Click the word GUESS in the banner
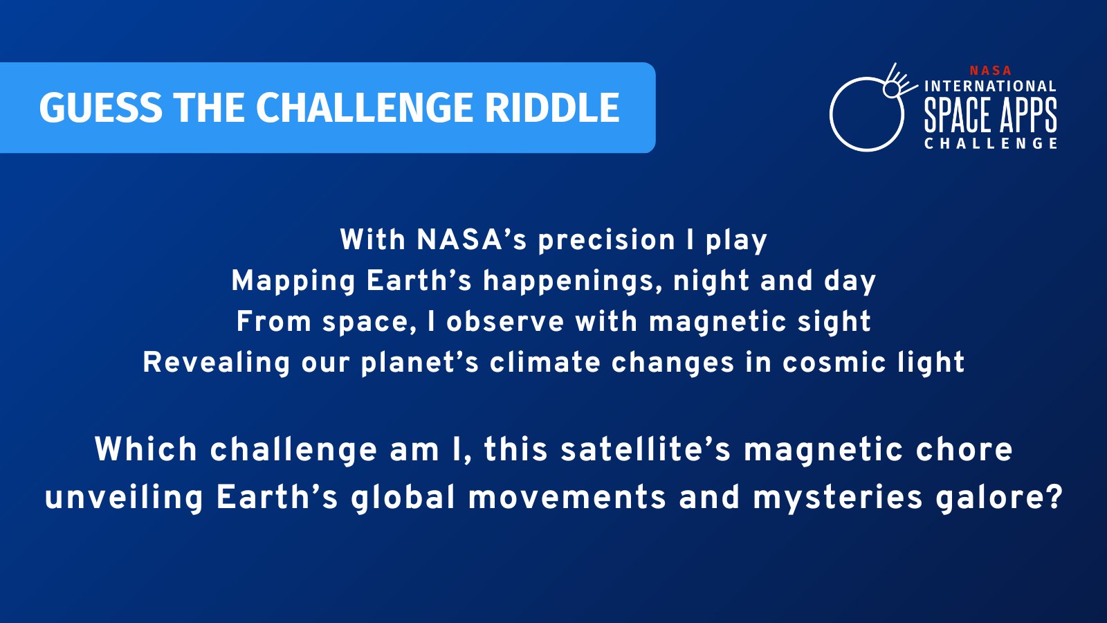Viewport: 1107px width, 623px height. pyautogui.click(x=100, y=108)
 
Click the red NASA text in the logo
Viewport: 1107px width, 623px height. pyautogui.click(x=990, y=71)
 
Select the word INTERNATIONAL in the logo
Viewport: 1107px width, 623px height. pyautogui.click(x=990, y=87)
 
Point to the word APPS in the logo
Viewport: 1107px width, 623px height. pyautogui.click(x=1027, y=115)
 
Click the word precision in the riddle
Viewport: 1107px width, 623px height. pyautogui.click(x=606, y=240)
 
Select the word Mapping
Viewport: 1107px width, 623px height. pyautogui.click(x=293, y=281)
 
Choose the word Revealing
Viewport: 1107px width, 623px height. pyautogui.click(x=216, y=363)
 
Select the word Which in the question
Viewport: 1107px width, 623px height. pyautogui.click(x=146, y=450)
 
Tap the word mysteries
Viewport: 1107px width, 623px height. pyautogui.click(x=838, y=498)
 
